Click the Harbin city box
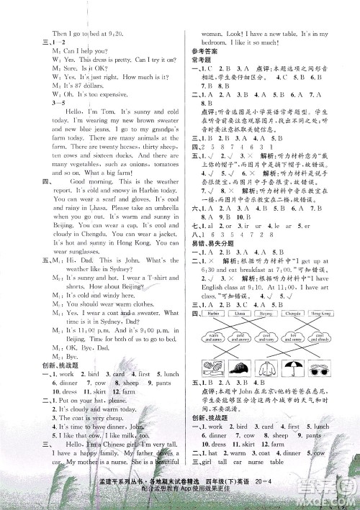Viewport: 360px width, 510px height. (213, 314)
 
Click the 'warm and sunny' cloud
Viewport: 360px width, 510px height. (213, 338)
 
